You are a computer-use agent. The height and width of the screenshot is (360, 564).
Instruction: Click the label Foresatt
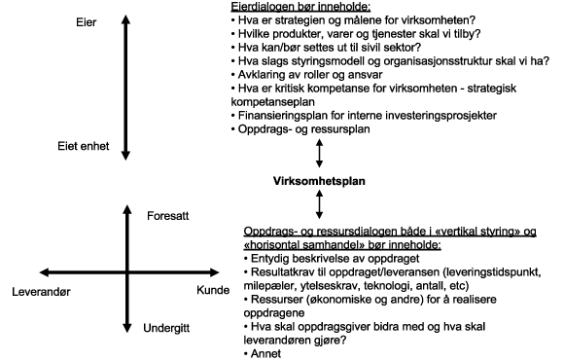point(167,216)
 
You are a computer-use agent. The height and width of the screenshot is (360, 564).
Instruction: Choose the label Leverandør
point(43,290)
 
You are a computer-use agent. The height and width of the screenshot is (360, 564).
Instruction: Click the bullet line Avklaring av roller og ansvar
point(307,74)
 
